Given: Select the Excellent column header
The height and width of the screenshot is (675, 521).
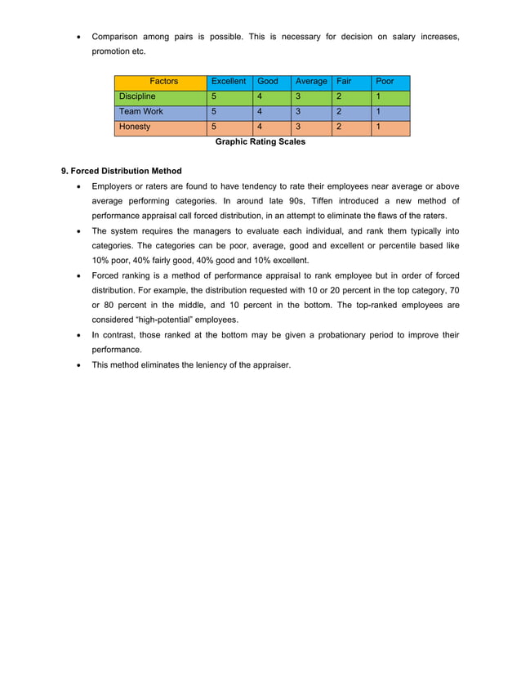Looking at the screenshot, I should [228, 82].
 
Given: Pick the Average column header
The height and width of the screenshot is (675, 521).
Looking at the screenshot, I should [310, 82].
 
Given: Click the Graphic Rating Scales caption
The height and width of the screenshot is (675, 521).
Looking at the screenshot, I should [260, 142].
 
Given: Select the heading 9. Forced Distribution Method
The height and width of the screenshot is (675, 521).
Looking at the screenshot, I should [122, 171].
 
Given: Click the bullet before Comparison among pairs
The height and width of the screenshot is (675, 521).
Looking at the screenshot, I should [78, 38].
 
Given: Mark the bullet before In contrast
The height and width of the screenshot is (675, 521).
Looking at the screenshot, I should [78, 335].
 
